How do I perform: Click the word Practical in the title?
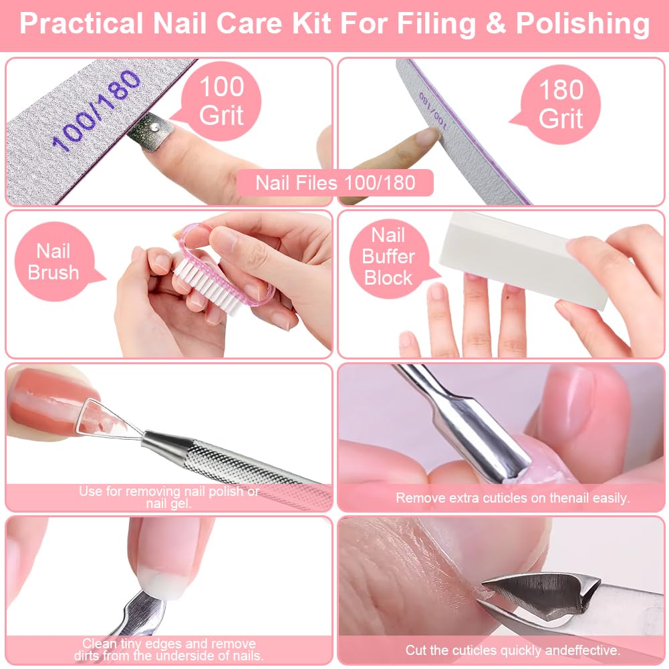click(81, 24)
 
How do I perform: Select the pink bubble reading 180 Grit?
click(557, 104)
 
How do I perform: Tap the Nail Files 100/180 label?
click(335, 183)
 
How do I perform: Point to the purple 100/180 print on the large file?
click(96, 110)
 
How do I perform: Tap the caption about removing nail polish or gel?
click(169, 497)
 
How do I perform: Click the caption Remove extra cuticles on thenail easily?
click(513, 498)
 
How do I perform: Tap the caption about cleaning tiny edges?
click(169, 650)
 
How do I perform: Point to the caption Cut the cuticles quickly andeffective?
click(513, 650)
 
